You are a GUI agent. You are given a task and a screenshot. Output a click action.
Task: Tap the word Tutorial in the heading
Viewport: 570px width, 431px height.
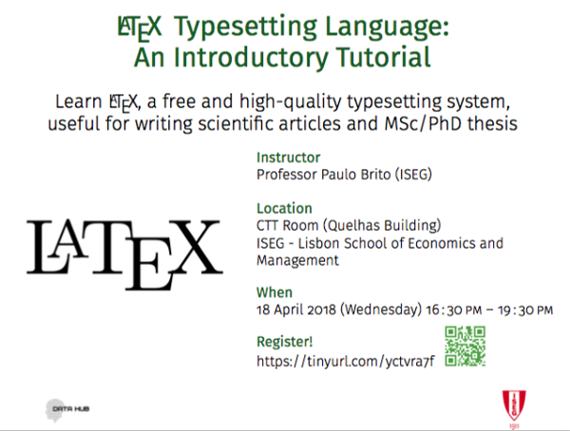pyautogui.click(x=383, y=57)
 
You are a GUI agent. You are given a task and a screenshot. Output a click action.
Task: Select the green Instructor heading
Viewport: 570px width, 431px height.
pyautogui.click(x=288, y=158)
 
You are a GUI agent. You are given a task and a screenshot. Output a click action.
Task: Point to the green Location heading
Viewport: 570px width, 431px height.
pyautogui.click(x=284, y=209)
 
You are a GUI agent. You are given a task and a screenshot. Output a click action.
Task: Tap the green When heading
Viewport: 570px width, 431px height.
pyautogui.click(x=275, y=292)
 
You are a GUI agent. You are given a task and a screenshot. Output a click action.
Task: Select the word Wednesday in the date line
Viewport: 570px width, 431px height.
pyautogui.click(x=381, y=310)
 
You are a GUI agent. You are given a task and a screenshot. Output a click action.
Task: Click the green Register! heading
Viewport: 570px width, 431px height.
pyautogui.click(x=285, y=342)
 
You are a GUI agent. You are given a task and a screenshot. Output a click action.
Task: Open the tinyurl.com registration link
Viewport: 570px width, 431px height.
pyautogui.click(x=346, y=362)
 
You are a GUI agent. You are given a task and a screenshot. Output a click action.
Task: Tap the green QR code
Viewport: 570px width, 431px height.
pyautogui.click(x=465, y=346)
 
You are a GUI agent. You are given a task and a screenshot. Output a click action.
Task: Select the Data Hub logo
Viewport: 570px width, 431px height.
pyautogui.click(x=67, y=410)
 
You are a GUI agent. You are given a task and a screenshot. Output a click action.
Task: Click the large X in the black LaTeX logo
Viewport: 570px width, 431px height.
pyautogui.click(x=197, y=247)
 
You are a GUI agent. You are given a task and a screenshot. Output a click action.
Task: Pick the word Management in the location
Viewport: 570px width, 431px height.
pyautogui.click(x=297, y=260)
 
